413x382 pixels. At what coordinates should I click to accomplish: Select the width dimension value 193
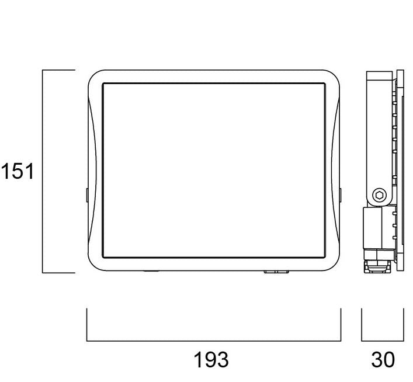(x=211, y=360)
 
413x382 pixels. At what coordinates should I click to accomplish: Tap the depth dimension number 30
(x=383, y=360)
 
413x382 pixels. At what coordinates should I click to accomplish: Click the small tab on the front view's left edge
(x=86, y=195)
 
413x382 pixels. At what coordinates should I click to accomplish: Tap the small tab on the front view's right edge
(x=341, y=195)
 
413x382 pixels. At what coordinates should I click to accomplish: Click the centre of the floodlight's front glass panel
(x=214, y=170)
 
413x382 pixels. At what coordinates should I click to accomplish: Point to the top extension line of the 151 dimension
(x=58, y=70)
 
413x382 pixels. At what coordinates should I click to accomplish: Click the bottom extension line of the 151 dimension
(x=58, y=273)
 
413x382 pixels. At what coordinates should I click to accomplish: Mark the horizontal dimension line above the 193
(x=214, y=341)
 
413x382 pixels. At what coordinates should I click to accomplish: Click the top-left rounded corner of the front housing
(x=93, y=76)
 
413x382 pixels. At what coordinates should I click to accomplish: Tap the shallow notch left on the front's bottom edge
(x=151, y=271)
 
